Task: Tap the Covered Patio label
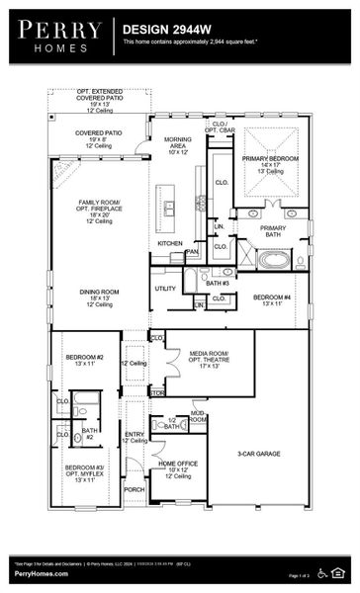(99, 136)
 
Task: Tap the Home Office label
(178, 468)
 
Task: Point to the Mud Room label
(198, 416)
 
